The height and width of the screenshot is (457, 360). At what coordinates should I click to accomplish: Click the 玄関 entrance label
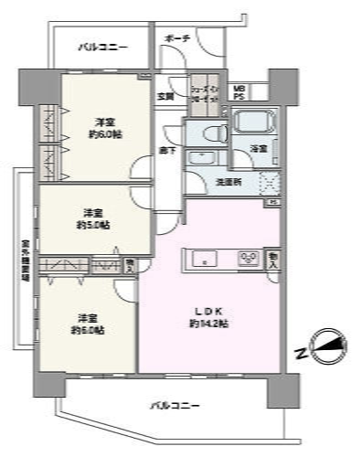165,95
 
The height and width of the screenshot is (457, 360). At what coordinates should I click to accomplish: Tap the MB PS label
238,91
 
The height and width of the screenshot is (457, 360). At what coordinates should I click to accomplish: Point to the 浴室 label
259,148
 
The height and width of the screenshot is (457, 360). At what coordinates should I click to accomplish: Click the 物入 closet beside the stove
273,259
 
